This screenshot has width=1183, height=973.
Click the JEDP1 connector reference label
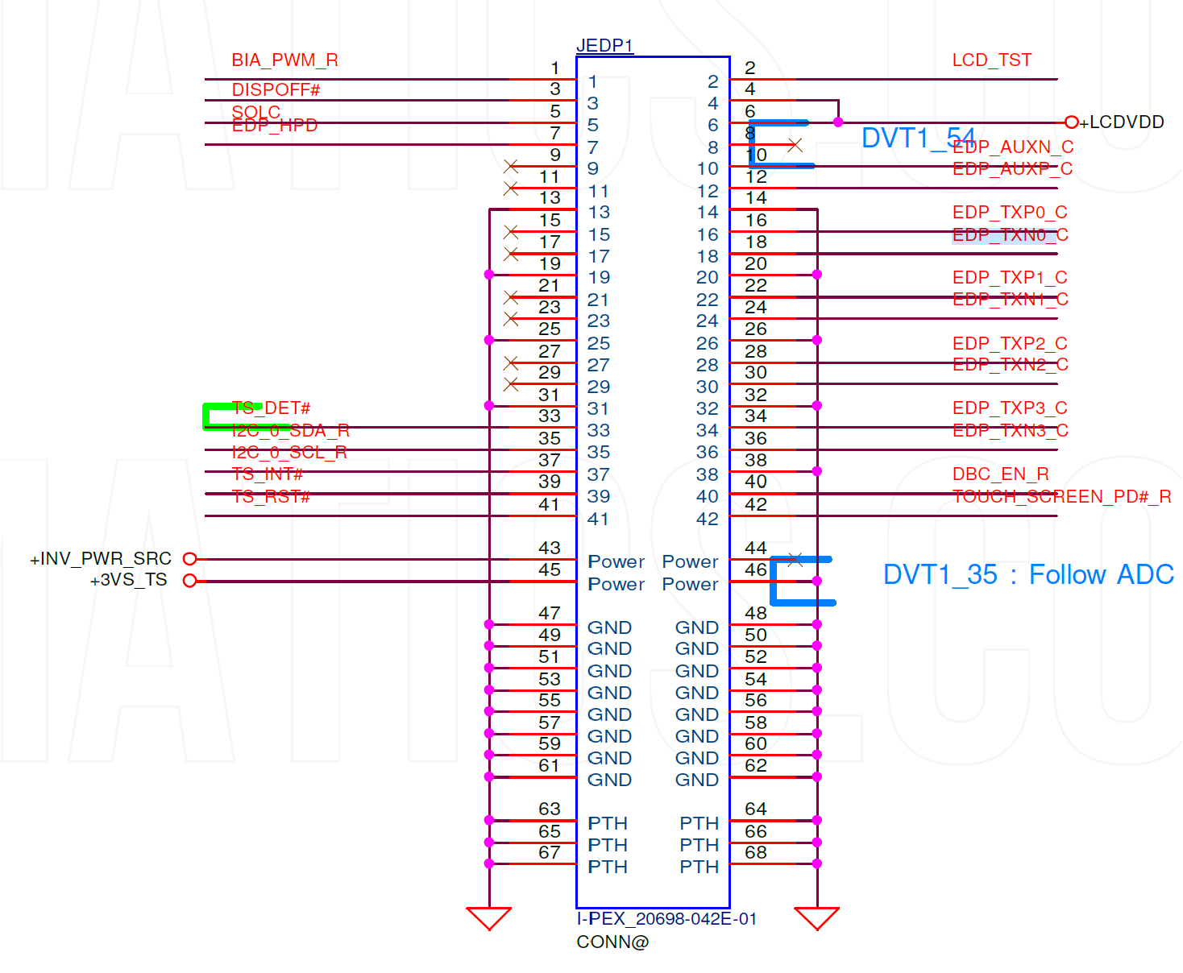[x=604, y=45]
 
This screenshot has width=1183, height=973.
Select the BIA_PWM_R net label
[x=284, y=60]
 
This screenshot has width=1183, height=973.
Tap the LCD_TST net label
[x=991, y=60]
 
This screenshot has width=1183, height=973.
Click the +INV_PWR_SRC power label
[x=101, y=559]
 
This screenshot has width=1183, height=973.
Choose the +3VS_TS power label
[x=128, y=580]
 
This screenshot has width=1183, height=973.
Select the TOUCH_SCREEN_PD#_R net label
[x=1061, y=496]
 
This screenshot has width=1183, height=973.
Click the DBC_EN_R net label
[x=1000, y=474]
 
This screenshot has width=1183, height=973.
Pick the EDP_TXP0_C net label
[x=1009, y=213]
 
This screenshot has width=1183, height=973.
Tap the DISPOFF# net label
[x=276, y=90]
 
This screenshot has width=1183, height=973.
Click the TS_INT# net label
[x=267, y=474]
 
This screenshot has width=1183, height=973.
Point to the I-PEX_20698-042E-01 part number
[x=666, y=919]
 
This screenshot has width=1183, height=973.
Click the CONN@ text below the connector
[x=612, y=942]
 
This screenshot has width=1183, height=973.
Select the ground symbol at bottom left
[x=489, y=917]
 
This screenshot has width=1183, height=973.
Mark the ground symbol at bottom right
[x=816, y=917]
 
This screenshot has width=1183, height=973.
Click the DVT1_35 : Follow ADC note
[x=1028, y=575]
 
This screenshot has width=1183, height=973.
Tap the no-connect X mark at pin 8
[x=795, y=145]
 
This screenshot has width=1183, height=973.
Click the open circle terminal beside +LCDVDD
[x=1071, y=122]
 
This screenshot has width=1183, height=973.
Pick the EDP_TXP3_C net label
[x=1009, y=408]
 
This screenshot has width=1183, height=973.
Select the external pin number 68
[x=755, y=852]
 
